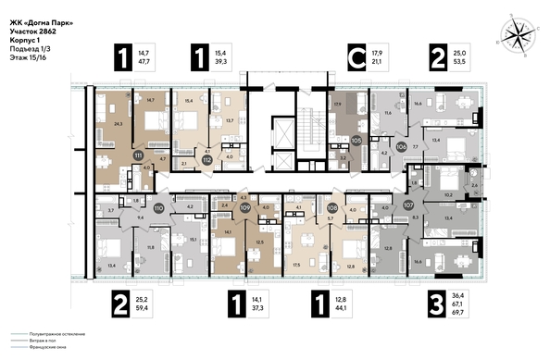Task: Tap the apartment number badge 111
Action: pyautogui.click(x=139, y=155)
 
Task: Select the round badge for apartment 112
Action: pyautogui.click(x=208, y=159)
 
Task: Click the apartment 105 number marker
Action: pyautogui.click(x=356, y=141)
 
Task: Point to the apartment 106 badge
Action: pyautogui.click(x=401, y=146)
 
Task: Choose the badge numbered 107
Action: pyautogui.click(x=407, y=205)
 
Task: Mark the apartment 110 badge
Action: pyautogui.click(x=158, y=209)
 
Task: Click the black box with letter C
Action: pyautogui.click(x=354, y=56)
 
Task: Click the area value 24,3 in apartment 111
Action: pyautogui.click(x=117, y=120)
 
